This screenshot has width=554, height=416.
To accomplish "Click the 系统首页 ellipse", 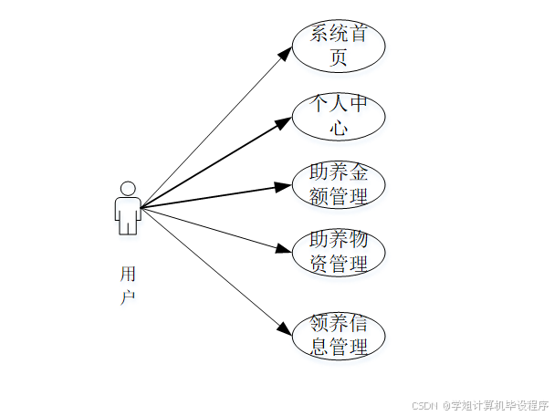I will tap(339, 47).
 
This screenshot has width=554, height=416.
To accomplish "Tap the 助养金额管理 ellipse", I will tap(339, 184).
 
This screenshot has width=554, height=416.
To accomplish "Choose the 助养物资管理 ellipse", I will tap(339, 253).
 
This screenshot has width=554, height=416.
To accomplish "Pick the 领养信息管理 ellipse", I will tap(339, 335).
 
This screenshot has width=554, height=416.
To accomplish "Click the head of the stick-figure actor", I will tap(128, 188).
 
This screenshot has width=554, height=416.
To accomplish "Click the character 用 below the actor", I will tap(128, 274).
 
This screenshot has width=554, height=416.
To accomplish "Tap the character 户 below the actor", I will tap(128, 297).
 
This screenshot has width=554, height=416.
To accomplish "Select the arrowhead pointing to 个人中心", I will tap(284, 121).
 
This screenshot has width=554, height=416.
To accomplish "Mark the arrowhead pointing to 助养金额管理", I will tap(283, 186).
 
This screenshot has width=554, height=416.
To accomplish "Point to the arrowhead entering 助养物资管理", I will tap(283, 249).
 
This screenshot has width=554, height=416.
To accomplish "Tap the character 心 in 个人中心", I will tap(339, 129).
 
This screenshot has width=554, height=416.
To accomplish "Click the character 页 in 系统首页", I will tap(339, 58).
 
